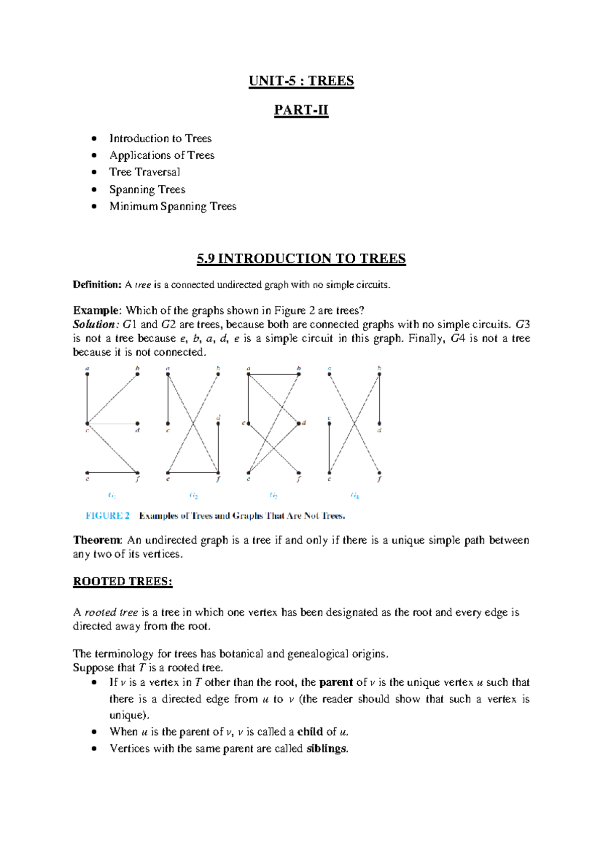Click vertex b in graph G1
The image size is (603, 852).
[137, 374]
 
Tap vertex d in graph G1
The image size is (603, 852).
[137, 423]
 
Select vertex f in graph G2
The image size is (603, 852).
[218, 473]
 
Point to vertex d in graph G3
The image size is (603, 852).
[299, 423]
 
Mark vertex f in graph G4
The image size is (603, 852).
[379, 473]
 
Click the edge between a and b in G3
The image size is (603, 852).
[273, 374]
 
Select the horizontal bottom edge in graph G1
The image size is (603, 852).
[112, 473]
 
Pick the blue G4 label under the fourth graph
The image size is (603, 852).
[355, 496]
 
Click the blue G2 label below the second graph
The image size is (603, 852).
[193, 496]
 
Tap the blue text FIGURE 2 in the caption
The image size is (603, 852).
[108, 515]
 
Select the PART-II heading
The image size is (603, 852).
[301, 110]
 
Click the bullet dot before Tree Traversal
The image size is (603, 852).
[94, 172]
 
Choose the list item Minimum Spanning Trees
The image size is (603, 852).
[172, 206]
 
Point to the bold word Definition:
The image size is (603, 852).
[97, 285]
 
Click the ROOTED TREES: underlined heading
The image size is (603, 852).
[123, 581]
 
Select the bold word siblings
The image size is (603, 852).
[327, 749]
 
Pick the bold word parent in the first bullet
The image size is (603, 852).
[336, 682]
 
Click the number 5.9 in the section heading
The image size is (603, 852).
[206, 259]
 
